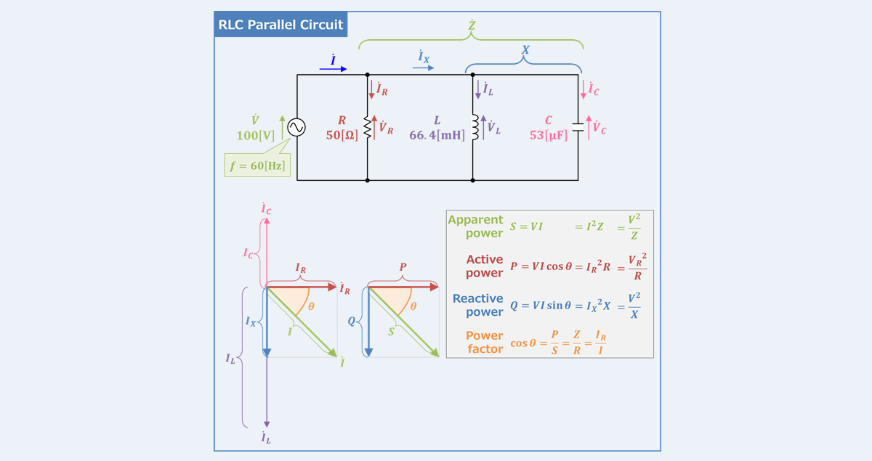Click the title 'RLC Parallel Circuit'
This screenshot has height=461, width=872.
[280, 25]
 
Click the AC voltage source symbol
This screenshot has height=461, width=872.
[296, 127]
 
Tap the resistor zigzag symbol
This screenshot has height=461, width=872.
[367, 128]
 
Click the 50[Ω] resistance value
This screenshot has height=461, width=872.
[342, 135]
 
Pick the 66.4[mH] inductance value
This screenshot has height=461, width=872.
[437, 135]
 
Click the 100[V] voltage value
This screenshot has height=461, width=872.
[254, 135]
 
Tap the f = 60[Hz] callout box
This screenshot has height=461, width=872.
[257, 165]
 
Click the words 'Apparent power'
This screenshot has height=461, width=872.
[476, 227]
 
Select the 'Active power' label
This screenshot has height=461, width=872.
[484, 266]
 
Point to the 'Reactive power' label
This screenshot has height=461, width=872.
[477, 305]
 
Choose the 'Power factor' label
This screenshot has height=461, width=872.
[484, 342]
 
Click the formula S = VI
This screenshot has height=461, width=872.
[526, 227]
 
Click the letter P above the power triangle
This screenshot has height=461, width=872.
[403, 267]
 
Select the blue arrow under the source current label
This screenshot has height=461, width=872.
[334, 70]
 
